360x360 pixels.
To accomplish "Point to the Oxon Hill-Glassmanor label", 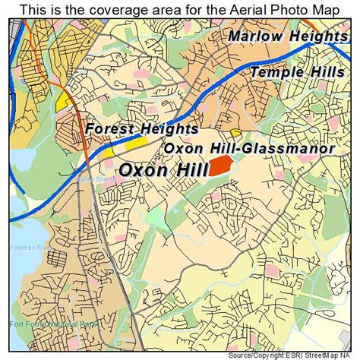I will tap(249, 148).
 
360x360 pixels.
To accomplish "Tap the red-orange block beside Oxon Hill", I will tap(223, 166).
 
